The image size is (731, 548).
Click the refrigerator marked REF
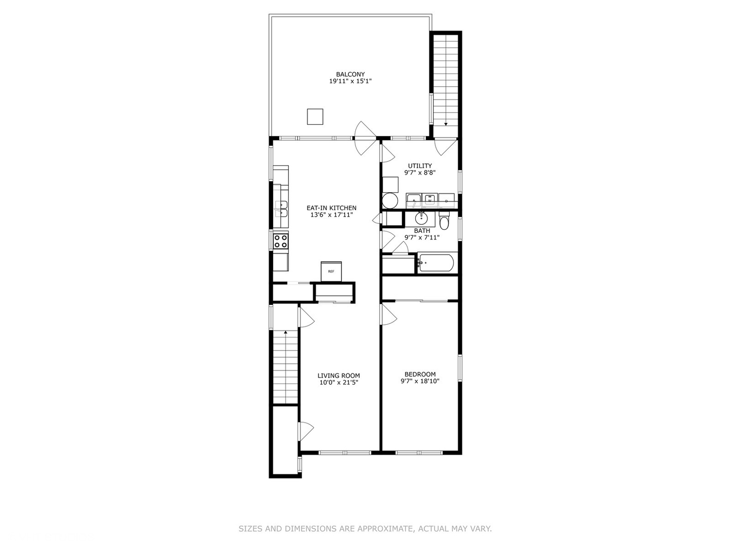[x=331, y=271]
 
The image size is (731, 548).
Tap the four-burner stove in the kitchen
[x=281, y=241]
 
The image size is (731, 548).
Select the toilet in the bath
[x=444, y=222]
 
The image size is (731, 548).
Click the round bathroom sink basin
[x=421, y=219]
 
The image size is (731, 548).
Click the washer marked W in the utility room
[x=430, y=199]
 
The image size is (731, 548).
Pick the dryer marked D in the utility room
[x=446, y=199]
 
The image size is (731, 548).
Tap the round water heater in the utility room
[x=390, y=200]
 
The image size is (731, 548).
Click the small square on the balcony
[x=315, y=117]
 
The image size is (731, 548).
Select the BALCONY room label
[x=350, y=74]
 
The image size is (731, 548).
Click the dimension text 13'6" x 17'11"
[x=331, y=215]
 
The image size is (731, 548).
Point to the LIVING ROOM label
[x=339, y=375]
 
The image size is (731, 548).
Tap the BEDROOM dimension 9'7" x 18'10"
[x=420, y=381]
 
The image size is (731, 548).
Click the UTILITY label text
[x=420, y=165]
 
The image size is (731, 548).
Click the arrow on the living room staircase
[x=286, y=333]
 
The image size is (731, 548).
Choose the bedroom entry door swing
[x=389, y=314]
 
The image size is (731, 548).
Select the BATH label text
[x=422, y=230]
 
